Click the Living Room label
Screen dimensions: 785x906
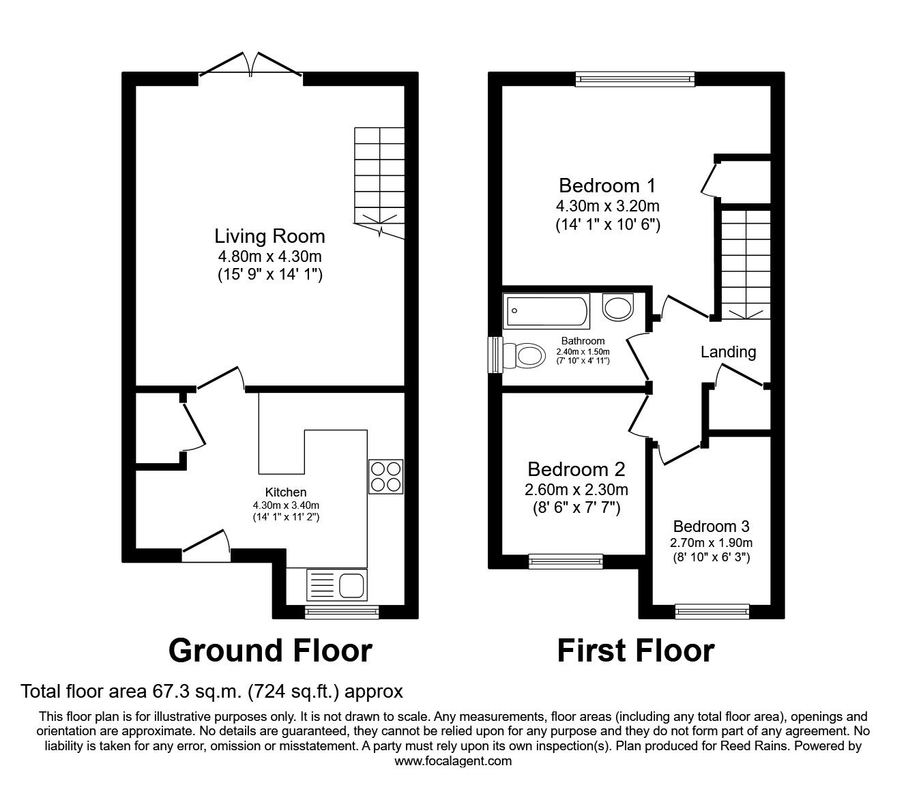pos(269,237)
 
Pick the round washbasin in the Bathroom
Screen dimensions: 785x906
pos(619,307)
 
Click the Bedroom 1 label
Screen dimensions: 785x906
pos(607,186)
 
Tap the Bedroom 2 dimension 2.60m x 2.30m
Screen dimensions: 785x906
pos(576,489)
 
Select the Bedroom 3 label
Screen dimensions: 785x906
pos(711,527)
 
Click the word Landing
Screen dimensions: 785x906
pos(728,352)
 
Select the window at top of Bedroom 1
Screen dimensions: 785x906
pos(634,79)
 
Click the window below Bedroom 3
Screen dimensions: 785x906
pos(712,612)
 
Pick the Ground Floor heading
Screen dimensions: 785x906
pos(270,651)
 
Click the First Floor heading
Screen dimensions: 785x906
pos(635,651)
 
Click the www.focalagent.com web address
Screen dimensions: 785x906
pos(453,761)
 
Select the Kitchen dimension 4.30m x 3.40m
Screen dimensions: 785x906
pos(286,505)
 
